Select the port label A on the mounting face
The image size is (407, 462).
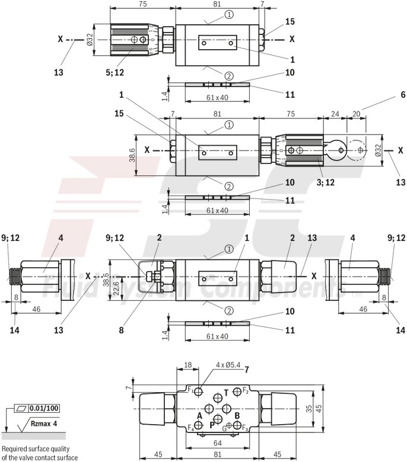click(x=199, y=416)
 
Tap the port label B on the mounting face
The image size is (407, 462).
click(x=237, y=416)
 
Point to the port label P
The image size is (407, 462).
click(x=212, y=425)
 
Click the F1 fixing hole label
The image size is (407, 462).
click(x=190, y=390)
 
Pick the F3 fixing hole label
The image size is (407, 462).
click(x=244, y=428)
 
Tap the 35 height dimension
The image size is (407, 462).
click(x=309, y=408)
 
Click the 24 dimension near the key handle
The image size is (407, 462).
click(x=335, y=113)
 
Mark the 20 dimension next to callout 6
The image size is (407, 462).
click(x=357, y=113)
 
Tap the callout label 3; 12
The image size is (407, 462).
click(x=326, y=182)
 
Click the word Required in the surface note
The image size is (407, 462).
click(x=15, y=450)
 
